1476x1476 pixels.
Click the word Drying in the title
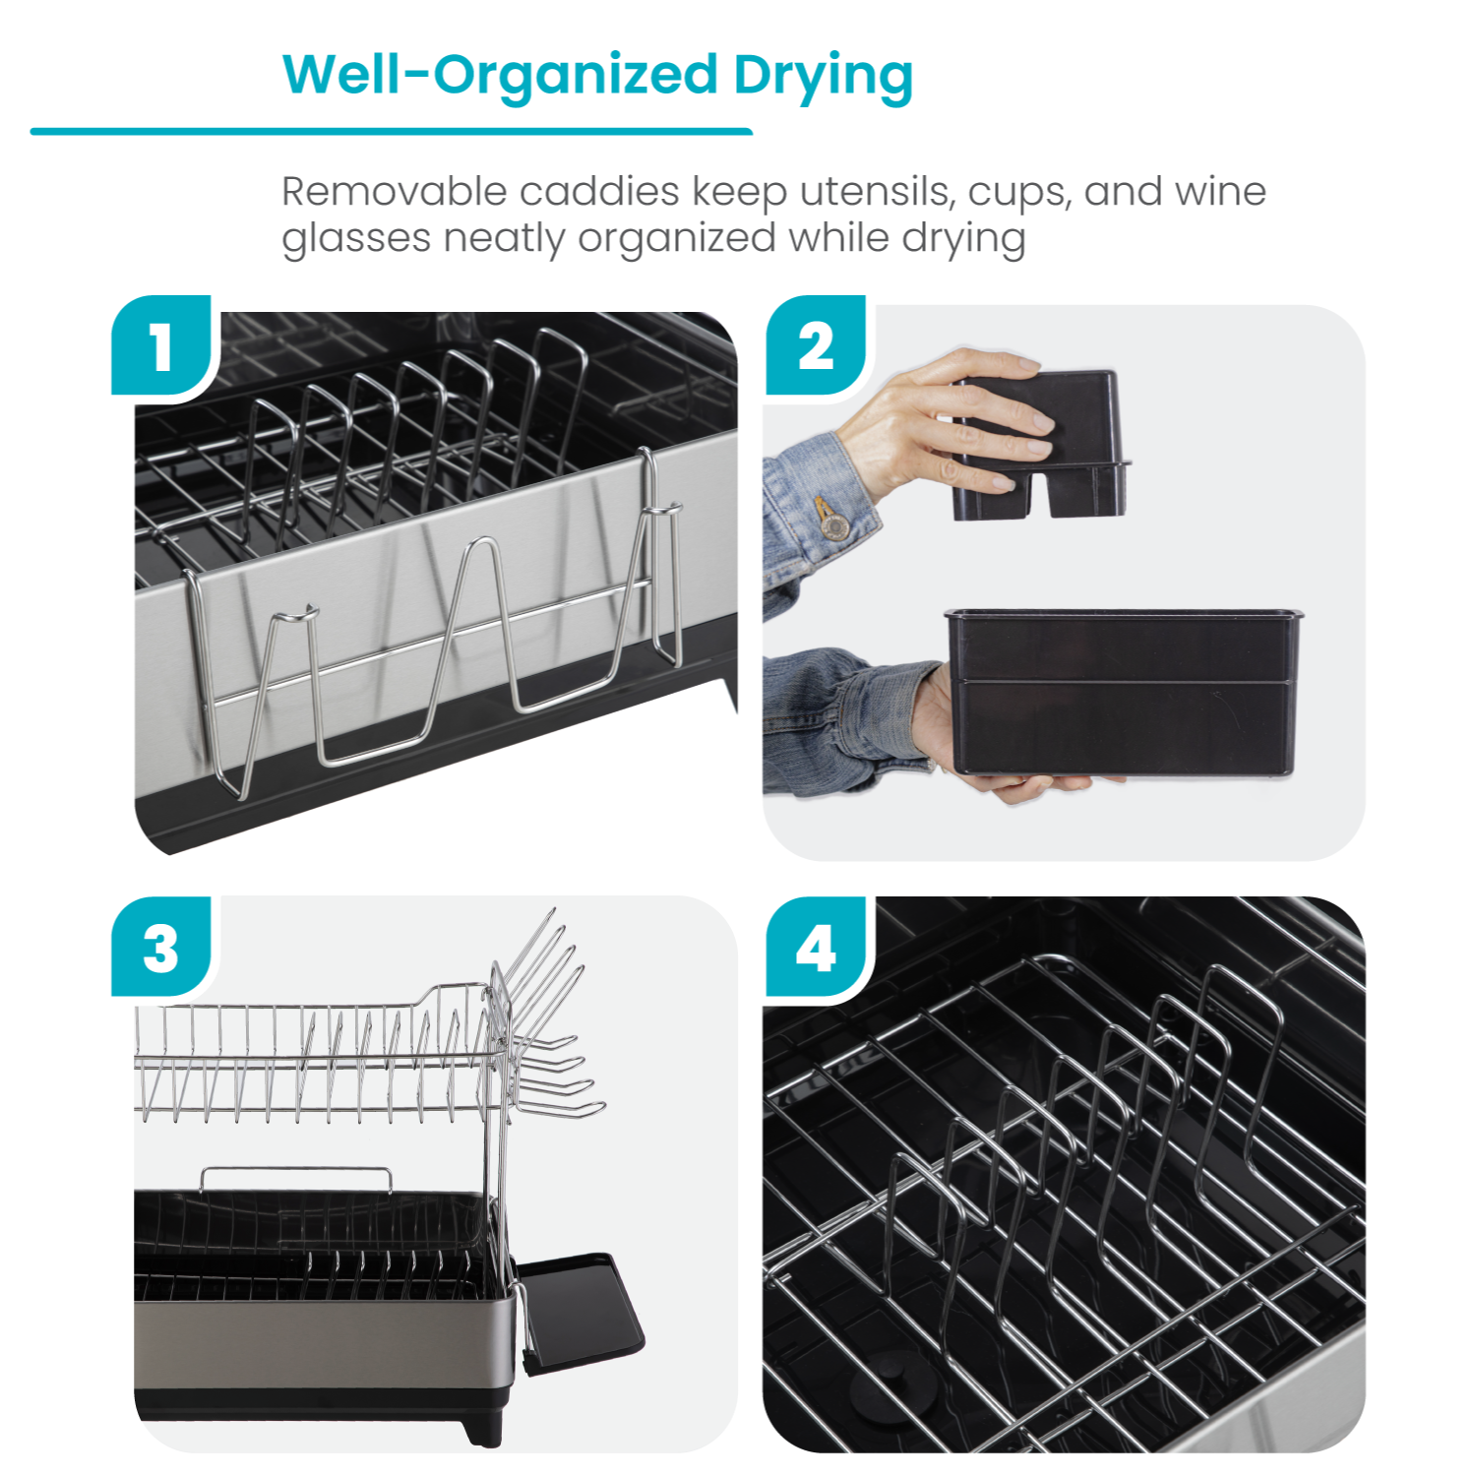pyautogui.click(x=823, y=77)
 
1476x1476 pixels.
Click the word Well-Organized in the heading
pyautogui.click(x=501, y=75)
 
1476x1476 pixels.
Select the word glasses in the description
pyautogui.click(x=355, y=239)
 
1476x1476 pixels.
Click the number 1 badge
pyautogui.click(x=161, y=347)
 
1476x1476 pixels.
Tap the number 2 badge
pyautogui.click(x=816, y=347)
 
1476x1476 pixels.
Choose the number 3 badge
pyautogui.click(x=161, y=950)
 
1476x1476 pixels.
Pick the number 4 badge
pyautogui.click(x=816, y=950)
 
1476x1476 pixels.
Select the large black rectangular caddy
pyautogui.click(x=1122, y=693)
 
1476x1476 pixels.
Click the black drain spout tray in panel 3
pyautogui.click(x=581, y=1309)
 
